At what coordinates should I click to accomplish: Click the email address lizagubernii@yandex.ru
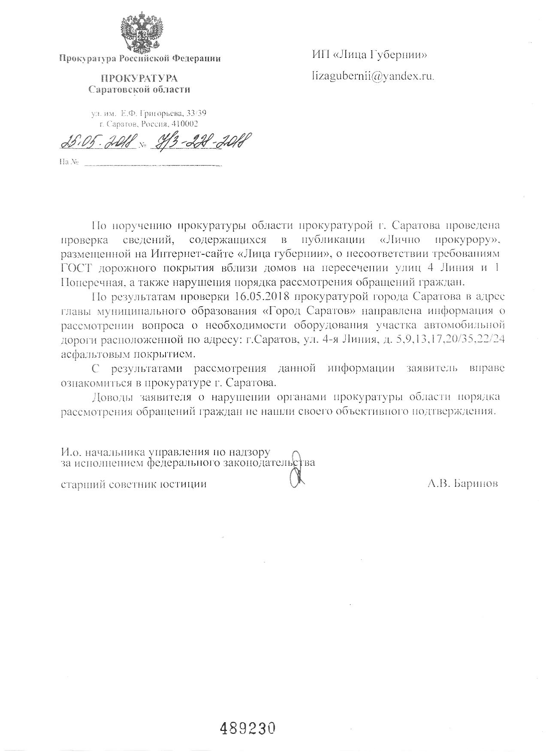(373, 76)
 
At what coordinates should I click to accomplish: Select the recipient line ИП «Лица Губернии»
(369, 55)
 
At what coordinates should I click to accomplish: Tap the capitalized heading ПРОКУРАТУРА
(139, 78)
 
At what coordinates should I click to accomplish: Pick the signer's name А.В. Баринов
(462, 484)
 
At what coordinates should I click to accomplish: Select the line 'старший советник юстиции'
(134, 484)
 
